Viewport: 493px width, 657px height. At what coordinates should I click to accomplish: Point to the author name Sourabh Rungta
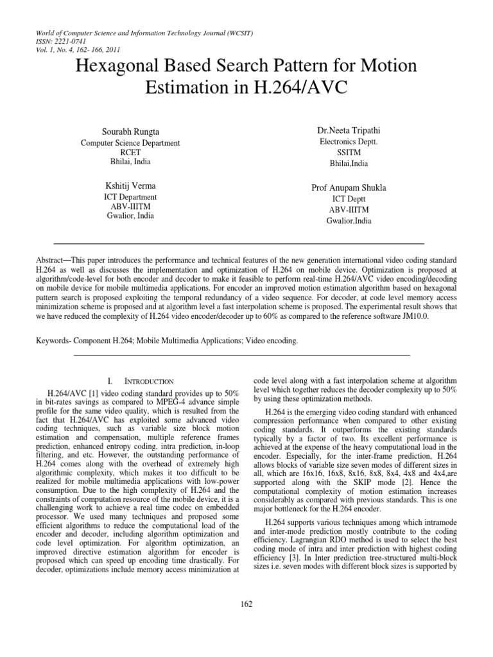tap(130, 132)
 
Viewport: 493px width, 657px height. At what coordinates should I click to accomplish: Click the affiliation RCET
tap(130, 153)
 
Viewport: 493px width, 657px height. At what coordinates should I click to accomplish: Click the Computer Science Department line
tap(130, 143)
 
